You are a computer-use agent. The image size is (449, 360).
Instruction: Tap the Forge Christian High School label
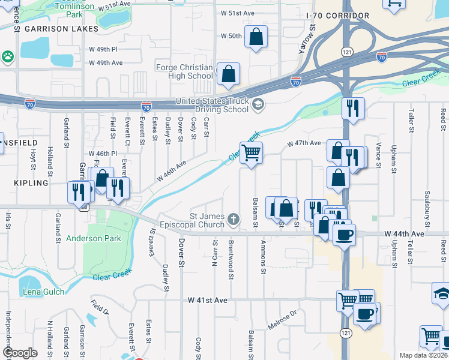coord(184,71)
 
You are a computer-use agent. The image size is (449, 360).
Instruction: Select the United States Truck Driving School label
coord(212,105)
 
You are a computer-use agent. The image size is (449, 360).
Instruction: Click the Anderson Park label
coord(93,238)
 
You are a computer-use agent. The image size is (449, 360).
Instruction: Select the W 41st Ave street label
coord(207,299)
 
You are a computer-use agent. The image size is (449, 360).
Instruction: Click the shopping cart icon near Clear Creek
coord(251,153)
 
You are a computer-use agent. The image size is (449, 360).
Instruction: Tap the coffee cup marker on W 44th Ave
coord(344,235)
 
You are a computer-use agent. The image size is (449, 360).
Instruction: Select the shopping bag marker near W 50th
coord(256,37)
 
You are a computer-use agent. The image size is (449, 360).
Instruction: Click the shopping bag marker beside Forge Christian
coord(228,74)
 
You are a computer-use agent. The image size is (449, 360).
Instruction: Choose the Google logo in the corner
coord(20,353)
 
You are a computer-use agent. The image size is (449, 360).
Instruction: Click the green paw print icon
coord(8,56)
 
